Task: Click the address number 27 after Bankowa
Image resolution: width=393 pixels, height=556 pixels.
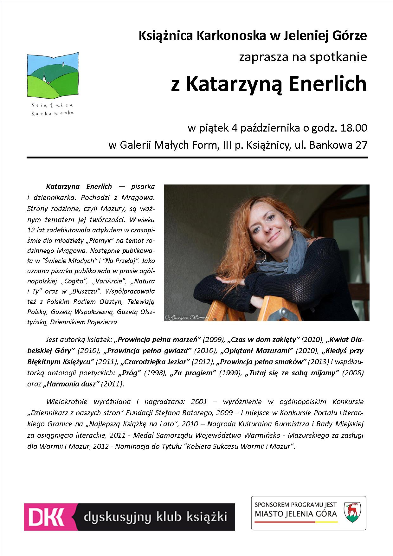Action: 361,145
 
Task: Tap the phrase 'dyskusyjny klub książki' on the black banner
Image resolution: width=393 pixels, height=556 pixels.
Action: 155,517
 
